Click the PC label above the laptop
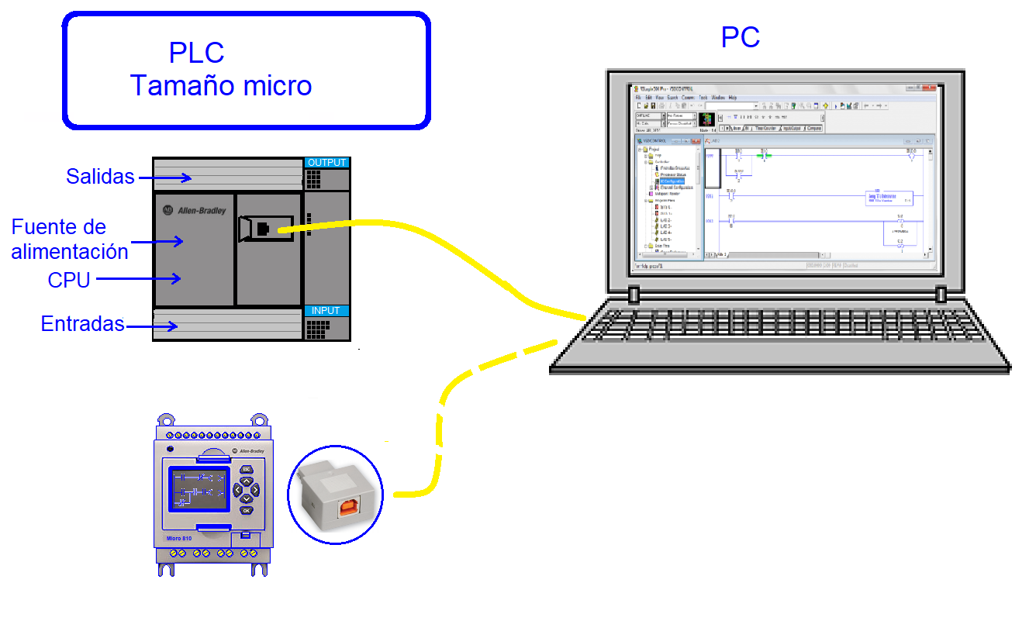pos(741,37)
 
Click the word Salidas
pos(100,177)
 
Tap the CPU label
pos(69,280)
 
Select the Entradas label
pos(82,324)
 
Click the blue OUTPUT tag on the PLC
pos(326,163)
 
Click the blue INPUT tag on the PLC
pos(326,311)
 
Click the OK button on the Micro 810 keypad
pos(246,510)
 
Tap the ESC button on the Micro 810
pos(246,470)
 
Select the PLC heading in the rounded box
pos(196,53)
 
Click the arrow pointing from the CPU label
pos(140,278)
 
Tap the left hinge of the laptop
pos(634,295)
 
